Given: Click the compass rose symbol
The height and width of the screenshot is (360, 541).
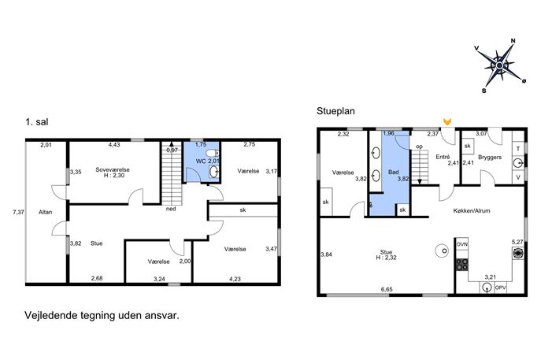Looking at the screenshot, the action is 499,65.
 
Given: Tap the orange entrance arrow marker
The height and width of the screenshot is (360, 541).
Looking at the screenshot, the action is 447,121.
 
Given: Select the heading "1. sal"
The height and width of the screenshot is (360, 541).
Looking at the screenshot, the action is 36,122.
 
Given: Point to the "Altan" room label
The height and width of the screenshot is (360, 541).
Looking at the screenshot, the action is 45,212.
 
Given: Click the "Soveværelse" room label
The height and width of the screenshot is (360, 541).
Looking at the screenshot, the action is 113,169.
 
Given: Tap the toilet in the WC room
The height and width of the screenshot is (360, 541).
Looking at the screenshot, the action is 211,153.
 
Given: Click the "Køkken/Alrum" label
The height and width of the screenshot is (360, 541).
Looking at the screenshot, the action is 471,210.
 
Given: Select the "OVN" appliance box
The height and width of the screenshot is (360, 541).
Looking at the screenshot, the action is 461,244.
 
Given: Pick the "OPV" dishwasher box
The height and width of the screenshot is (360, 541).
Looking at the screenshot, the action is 500,288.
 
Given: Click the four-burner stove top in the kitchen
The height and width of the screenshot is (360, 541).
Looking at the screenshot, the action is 462,265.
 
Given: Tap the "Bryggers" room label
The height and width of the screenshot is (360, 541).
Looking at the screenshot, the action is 490,157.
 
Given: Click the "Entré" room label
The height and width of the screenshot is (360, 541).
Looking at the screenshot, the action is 443,157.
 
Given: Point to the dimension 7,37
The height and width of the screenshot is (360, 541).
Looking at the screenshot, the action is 19,212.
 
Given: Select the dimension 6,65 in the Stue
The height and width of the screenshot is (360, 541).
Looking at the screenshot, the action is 387,290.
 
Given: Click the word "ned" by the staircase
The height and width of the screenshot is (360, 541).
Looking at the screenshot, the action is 171,209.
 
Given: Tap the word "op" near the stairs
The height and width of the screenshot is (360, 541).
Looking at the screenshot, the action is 419,147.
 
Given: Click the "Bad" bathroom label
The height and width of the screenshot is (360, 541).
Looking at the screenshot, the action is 393,172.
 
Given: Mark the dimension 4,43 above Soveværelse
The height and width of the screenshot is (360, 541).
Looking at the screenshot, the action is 114,145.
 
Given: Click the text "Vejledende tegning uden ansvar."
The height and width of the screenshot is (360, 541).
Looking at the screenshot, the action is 102,315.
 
